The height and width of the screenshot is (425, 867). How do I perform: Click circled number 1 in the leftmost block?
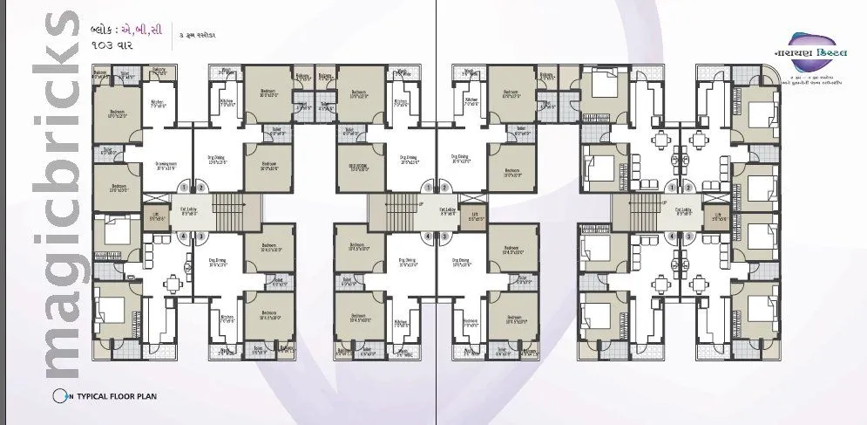(x=184, y=186)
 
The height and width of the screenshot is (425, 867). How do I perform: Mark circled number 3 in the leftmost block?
(x=200, y=236)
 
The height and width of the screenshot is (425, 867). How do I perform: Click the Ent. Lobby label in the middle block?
(x=448, y=211)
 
